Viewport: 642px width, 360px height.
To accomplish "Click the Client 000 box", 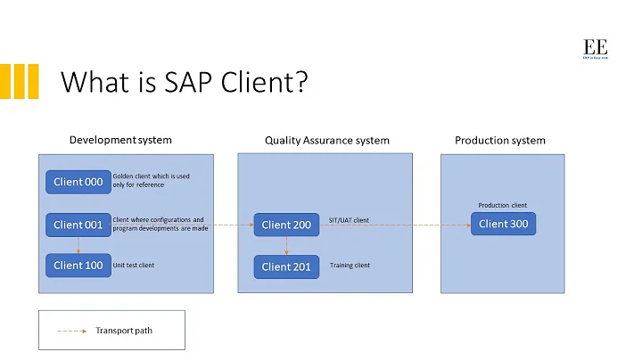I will pos(78,182).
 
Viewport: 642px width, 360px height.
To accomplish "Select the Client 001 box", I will pos(78,225).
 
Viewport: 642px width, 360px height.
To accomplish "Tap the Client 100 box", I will pos(78,265).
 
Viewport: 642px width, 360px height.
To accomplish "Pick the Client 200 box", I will pos(286,225).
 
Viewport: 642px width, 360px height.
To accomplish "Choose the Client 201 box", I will pos(286,266).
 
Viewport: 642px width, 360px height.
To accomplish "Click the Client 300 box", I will pos(503,224).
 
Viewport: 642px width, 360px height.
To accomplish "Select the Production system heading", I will pos(499,140).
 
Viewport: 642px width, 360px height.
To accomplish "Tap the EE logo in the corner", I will pos(595,49).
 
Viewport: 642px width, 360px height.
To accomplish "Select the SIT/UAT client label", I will pos(349,220).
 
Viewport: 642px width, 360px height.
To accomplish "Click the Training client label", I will pos(350,265).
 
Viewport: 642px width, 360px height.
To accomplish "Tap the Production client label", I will pos(503,205).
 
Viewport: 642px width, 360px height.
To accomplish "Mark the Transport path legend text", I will pos(124,331).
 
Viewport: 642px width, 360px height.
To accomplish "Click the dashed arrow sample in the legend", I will pos(71,331).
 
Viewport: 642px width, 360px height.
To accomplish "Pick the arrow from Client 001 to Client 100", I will pos(78,245).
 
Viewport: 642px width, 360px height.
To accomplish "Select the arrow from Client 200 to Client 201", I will pos(286,245).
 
